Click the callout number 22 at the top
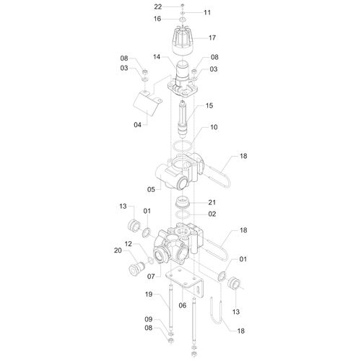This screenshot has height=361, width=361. point(158,6)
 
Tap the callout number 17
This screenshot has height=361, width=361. point(212,38)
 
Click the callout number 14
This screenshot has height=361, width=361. point(157,57)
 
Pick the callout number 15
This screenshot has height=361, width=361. point(209,105)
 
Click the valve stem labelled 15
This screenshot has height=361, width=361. point(183,119)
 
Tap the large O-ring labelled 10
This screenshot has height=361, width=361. point(183,146)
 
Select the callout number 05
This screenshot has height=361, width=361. point(151,189)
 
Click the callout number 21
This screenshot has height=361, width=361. point(212,202)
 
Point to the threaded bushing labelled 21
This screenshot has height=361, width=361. point(183,202)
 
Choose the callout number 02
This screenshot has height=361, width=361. point(212,214)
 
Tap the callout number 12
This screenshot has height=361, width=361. point(129,244)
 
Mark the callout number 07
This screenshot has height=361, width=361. point(151,277)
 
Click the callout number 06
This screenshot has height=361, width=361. point(183,305)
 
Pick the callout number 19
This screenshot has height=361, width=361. point(149,294)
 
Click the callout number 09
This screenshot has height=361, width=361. point(149,319)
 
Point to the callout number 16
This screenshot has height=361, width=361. point(157,19)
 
